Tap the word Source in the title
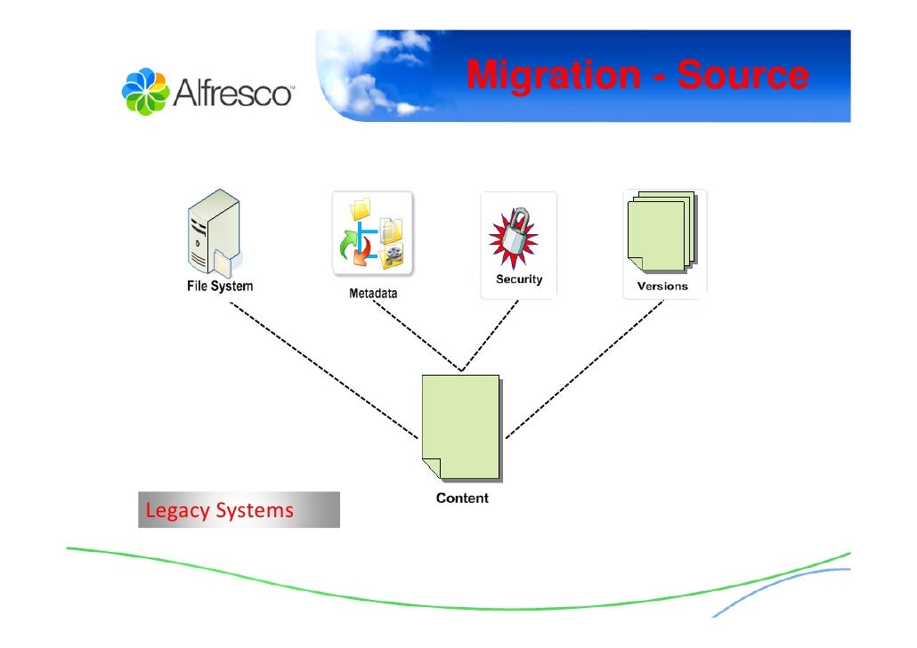(x=743, y=77)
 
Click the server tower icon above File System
(x=212, y=234)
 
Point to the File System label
(x=219, y=287)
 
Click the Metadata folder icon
(x=372, y=232)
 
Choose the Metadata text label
(x=368, y=293)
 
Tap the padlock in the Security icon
(x=517, y=231)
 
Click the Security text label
(x=519, y=279)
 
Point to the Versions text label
(x=662, y=287)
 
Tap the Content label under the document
(x=462, y=498)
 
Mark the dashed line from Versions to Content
(x=583, y=370)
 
